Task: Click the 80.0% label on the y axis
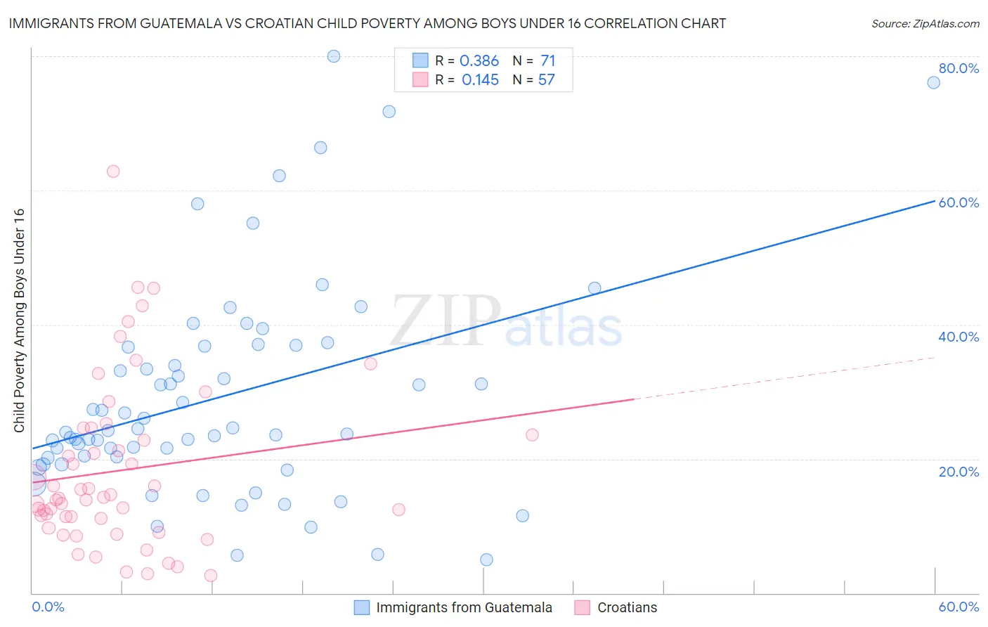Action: (x=958, y=68)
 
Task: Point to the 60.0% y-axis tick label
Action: (x=958, y=202)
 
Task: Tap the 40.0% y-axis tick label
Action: (x=958, y=337)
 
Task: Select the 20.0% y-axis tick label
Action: (x=958, y=471)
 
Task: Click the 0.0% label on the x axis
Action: (x=48, y=607)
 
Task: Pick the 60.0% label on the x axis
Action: (x=958, y=607)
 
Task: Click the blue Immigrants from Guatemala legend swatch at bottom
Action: (x=362, y=607)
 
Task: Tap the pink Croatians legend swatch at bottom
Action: (x=583, y=607)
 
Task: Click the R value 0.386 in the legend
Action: (x=479, y=61)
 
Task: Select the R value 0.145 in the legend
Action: (x=480, y=80)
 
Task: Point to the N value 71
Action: (x=548, y=61)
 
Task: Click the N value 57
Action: (x=547, y=80)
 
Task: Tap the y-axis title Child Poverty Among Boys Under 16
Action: (x=20, y=321)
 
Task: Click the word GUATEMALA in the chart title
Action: (x=179, y=24)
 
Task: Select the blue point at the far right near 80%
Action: (x=933, y=82)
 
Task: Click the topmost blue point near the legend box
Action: (x=334, y=56)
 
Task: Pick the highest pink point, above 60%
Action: (x=113, y=172)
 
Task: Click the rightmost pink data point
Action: (x=532, y=435)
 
